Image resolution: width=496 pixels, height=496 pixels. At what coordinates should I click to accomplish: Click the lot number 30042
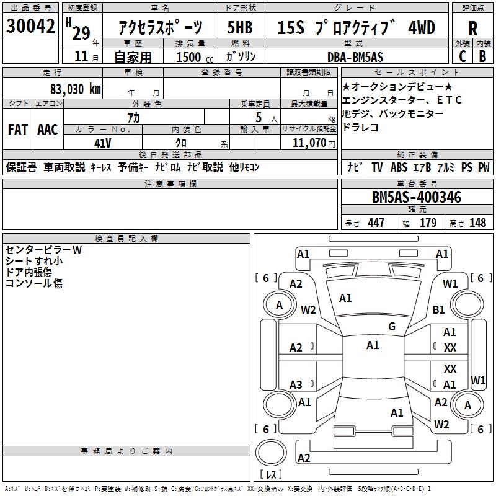click(31, 27)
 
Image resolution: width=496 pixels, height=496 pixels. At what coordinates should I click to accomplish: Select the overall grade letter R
click(472, 29)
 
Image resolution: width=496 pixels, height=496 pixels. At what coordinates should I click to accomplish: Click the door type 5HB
click(240, 28)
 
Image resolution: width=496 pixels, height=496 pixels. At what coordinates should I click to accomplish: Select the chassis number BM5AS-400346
click(416, 198)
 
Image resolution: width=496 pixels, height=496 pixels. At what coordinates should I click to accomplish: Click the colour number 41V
click(102, 143)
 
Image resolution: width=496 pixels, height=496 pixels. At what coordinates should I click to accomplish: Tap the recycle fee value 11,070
click(306, 143)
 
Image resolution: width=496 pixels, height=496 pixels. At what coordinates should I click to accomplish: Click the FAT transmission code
click(18, 130)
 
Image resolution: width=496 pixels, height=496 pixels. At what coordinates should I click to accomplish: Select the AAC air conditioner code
click(48, 130)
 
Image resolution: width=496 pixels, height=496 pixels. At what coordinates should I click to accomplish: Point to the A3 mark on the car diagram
click(296, 385)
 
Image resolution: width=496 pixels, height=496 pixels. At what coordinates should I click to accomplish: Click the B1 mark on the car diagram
click(439, 309)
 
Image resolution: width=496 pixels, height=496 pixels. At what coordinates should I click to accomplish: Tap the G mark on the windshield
click(391, 327)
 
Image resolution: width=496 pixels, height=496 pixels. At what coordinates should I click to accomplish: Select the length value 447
click(376, 223)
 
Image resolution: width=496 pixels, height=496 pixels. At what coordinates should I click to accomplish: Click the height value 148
click(477, 223)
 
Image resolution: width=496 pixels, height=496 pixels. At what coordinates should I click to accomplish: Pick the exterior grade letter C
click(462, 56)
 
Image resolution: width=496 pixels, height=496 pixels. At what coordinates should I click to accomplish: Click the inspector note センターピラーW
click(43, 250)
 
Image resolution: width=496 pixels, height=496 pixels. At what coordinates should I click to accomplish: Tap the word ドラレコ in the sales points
click(360, 128)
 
